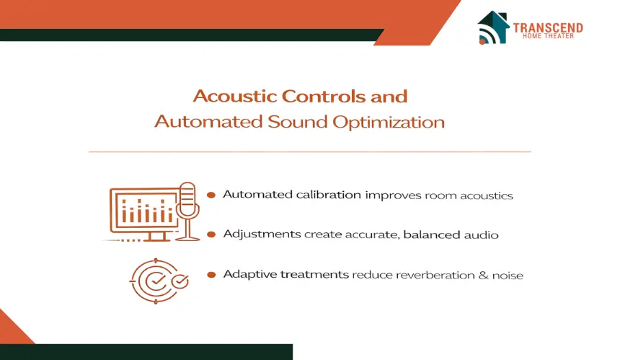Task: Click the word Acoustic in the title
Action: [x=235, y=96]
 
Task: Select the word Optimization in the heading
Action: [x=389, y=122]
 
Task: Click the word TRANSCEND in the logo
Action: [x=548, y=27]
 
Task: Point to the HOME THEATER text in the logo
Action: [x=548, y=36]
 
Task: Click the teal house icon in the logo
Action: [x=493, y=27]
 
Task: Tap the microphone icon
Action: [x=187, y=211]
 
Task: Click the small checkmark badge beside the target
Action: [x=180, y=281]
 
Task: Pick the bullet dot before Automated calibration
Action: [x=211, y=195]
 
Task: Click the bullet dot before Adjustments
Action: [x=211, y=234]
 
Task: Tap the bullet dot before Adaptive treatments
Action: [x=211, y=275]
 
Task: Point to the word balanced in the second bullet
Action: [x=432, y=234]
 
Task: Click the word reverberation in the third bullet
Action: [x=435, y=275]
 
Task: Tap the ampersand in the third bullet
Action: [x=483, y=275]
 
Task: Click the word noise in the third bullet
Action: [x=508, y=276]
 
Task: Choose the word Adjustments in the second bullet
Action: [x=262, y=234]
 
